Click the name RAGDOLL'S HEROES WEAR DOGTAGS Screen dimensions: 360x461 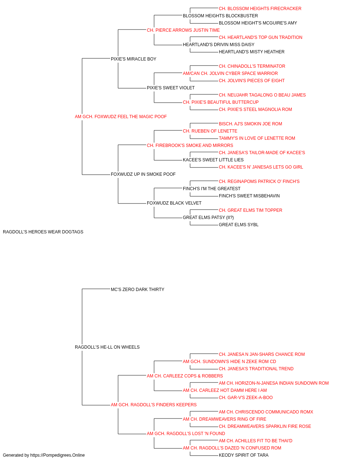click(43, 232)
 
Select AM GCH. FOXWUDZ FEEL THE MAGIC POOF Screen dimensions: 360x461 click(121, 116)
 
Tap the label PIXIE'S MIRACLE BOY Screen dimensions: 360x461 click(133, 59)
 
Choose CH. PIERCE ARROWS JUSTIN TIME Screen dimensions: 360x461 click(183, 30)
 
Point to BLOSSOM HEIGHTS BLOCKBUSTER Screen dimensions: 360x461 click(220, 16)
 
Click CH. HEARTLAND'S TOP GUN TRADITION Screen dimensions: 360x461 click(260, 37)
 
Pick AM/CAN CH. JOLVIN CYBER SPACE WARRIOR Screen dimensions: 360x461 click(230, 73)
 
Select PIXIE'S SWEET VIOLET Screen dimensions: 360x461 click(171, 88)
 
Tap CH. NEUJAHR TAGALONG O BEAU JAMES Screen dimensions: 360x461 click(262, 95)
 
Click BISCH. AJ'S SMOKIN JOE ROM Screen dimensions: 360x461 click(251, 124)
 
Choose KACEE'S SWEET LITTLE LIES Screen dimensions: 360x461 click(213, 160)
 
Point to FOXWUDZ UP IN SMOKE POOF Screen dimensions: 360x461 click(143, 174)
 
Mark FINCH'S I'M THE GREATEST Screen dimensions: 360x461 click(212, 189)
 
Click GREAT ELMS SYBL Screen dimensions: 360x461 click(239, 224)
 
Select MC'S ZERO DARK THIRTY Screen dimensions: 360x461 click(138, 289)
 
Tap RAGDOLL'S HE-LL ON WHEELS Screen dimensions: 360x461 click(107, 347)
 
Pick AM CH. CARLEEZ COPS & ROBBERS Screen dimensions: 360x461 click(185, 376)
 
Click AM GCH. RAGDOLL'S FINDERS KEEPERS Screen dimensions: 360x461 click(153, 404)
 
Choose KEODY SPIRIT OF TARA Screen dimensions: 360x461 click(243, 455)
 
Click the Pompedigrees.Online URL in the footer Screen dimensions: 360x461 click(57, 455)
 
